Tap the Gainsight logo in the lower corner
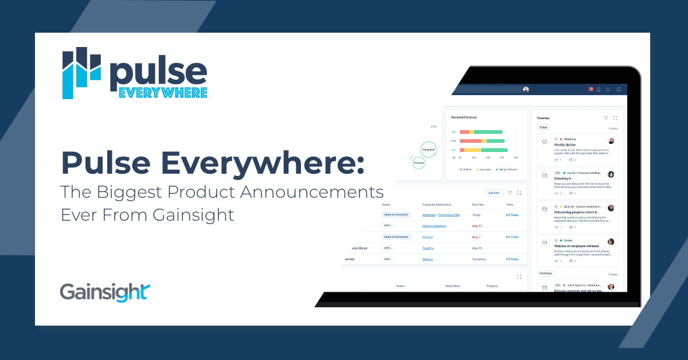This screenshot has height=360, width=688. pyautogui.click(x=105, y=291)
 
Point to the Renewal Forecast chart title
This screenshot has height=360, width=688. pyautogui.click(x=464, y=117)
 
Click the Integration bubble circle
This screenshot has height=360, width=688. pyautogui.click(x=428, y=150)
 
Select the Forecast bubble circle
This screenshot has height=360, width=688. pyautogui.click(x=419, y=163)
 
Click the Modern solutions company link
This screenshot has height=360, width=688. pyautogui.click(x=435, y=226)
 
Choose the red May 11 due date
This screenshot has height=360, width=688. pyautogui.click(x=476, y=226)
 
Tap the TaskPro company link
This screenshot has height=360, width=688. pyautogui.click(x=428, y=248)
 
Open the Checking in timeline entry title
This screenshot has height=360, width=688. pyautogui.click(x=563, y=179)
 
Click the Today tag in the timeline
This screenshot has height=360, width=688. pyautogui.click(x=544, y=127)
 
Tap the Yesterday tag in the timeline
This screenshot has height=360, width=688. pyautogui.click(x=546, y=273)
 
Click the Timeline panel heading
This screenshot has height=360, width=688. pyautogui.click(x=543, y=118)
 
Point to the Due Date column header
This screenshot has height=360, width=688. pyautogui.click(x=479, y=205)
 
